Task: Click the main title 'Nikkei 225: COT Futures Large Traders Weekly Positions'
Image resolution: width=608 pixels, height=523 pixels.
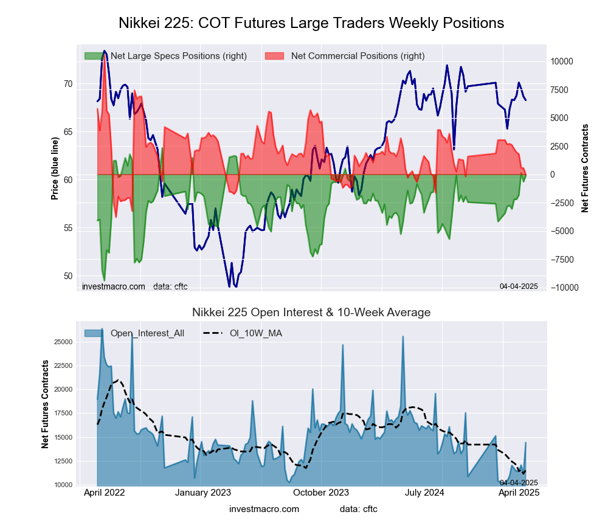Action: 311,23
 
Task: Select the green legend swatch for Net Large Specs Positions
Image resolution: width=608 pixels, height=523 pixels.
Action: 95,56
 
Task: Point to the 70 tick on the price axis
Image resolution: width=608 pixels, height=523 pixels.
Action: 67,84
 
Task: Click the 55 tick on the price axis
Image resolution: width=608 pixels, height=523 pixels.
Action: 67,228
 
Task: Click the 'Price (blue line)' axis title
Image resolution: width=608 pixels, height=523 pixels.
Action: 55,168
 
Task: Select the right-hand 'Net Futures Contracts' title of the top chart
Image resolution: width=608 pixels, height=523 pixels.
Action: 586,168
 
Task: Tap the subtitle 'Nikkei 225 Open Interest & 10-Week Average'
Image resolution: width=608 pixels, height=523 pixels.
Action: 311,313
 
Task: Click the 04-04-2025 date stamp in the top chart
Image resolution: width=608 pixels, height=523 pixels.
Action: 519,286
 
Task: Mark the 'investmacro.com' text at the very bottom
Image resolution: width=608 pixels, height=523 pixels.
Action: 264,509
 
